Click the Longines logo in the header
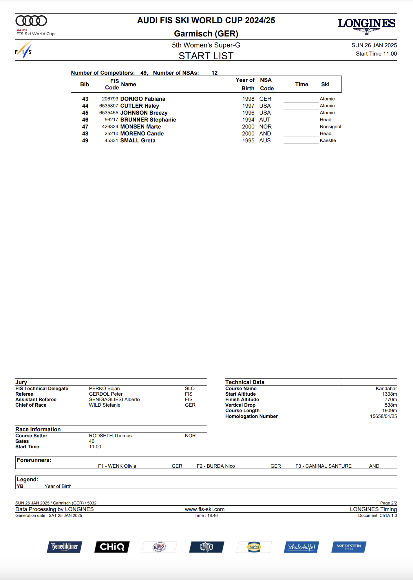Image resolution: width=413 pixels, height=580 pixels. click(366, 25)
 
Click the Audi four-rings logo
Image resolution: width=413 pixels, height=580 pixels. click(31, 21)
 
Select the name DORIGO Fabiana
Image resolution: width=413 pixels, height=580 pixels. click(143, 99)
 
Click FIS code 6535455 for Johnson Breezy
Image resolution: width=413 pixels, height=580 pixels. click(109, 113)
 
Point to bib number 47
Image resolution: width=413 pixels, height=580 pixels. click(85, 127)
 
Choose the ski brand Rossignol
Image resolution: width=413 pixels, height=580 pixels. click(330, 127)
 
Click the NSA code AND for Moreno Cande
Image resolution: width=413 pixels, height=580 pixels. click(265, 134)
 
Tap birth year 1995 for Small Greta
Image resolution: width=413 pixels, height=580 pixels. click(248, 141)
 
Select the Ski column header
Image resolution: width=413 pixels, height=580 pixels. click(325, 85)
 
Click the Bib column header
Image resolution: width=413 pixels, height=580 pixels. click(85, 85)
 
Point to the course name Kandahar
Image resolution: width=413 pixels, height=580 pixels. click(386, 389)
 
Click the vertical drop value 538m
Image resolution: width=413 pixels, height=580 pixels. click(391, 405)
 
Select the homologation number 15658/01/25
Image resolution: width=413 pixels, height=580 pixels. click(383, 416)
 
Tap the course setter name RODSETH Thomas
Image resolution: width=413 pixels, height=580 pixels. click(110, 436)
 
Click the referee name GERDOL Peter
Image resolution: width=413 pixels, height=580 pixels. click(106, 394)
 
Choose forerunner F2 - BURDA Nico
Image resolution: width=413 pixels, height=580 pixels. click(216, 466)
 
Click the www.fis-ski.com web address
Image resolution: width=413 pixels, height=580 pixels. click(205, 509)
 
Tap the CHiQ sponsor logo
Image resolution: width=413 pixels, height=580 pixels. click(112, 547)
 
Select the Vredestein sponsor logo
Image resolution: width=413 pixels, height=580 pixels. click(349, 547)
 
